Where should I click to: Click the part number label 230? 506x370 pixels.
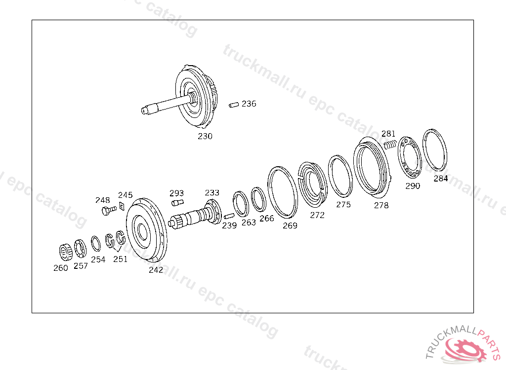tap(205, 136)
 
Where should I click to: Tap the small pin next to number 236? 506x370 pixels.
tap(234, 105)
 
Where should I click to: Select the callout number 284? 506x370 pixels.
tap(440, 178)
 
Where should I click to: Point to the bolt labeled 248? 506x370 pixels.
tap(109, 211)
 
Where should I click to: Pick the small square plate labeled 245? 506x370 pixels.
tap(122, 206)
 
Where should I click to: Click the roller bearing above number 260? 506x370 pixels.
tap(66, 252)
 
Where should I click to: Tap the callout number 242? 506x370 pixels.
tap(156, 270)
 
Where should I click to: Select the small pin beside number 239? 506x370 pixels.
tap(229, 216)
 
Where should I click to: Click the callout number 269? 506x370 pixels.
tap(290, 225)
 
